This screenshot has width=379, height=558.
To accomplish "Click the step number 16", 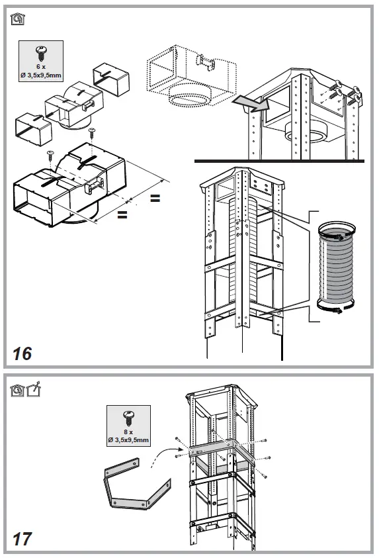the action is pos(22,353).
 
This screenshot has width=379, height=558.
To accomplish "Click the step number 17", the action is pos(22,539).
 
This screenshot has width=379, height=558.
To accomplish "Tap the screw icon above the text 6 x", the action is pos(40,54).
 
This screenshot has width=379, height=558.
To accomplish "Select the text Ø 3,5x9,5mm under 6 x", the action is pos(41,75).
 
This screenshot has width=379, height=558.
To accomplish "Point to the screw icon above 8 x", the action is pos(128,418).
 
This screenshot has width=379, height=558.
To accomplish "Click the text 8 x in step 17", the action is pos(128,432).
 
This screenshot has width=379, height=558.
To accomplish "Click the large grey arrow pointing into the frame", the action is pos(250,103).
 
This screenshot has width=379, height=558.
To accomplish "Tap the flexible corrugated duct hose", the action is pos(336,267).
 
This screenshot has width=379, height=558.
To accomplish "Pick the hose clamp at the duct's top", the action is pos(336,231).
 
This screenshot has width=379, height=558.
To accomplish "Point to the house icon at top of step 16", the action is pos(17,19).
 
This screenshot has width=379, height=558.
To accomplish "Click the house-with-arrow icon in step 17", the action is pos(34,389).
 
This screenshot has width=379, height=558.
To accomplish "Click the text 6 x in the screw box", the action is pos(41,67).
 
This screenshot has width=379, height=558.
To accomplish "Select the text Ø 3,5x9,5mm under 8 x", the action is pos(128,440).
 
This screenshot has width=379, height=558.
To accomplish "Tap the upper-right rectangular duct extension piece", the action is pos(111,79).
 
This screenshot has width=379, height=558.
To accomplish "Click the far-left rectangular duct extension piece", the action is pos(34,129).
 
